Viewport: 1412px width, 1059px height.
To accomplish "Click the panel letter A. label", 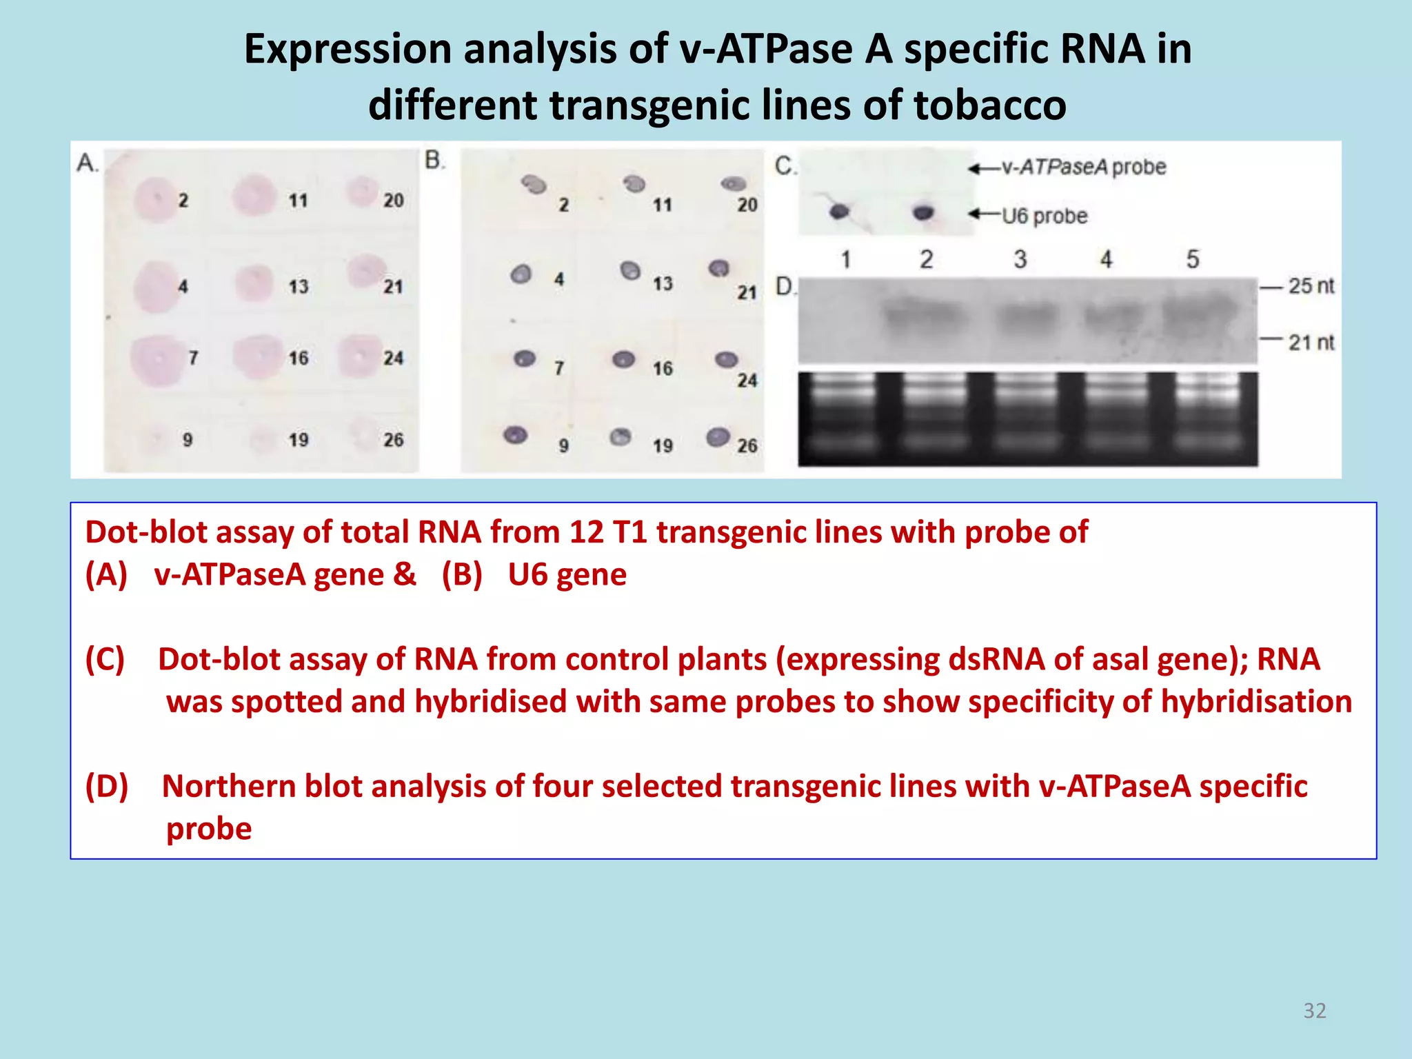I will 88,163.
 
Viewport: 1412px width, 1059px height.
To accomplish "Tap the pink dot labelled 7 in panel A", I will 158,359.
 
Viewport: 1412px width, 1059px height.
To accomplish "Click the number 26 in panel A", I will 393,439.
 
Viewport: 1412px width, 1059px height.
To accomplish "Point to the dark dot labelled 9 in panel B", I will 516,434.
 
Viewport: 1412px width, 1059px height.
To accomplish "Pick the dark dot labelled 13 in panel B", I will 630,270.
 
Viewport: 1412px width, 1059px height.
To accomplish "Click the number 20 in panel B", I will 747,205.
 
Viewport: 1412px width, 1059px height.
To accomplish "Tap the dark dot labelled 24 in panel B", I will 726,359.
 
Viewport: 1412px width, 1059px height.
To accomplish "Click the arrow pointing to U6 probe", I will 982,214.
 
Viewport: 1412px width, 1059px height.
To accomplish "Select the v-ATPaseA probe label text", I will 1083,167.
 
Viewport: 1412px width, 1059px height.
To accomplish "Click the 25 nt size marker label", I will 1311,285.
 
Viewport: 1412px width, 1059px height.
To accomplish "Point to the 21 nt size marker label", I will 1311,342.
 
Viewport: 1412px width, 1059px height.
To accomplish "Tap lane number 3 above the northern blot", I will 1020,259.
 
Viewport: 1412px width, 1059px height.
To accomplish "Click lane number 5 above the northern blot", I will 1192,259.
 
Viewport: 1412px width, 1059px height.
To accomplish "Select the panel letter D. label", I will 785,285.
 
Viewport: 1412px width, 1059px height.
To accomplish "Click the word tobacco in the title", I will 990,105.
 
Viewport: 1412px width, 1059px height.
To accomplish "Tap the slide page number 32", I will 1314,1010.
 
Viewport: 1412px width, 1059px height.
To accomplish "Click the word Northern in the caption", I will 229,786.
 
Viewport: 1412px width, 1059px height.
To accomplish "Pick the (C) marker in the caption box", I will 105,659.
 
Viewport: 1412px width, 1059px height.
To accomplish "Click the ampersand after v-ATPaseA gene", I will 404,574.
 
